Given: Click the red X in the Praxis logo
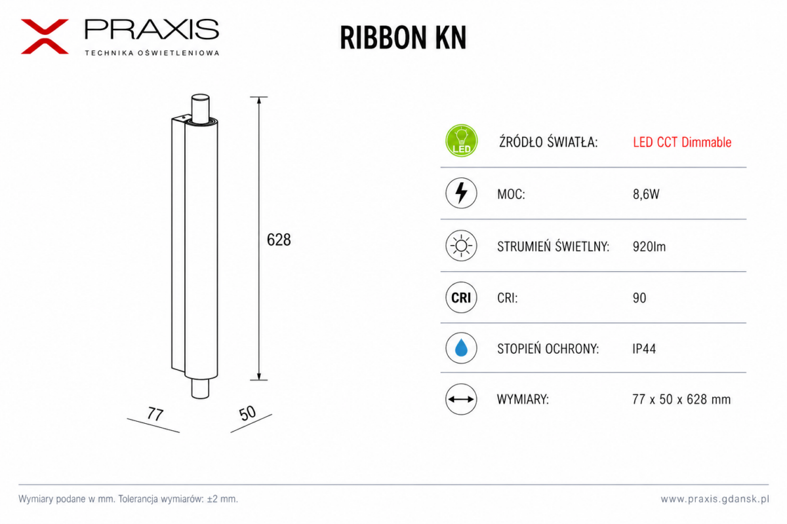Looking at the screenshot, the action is pos(45,37).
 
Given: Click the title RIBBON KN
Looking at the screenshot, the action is pos(403,37).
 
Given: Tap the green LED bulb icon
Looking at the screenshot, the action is pos(461,141).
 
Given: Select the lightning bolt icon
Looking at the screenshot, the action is pos(461,193).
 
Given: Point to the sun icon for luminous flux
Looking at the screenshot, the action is pos(461,246).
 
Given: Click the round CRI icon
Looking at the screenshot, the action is pos(461,297).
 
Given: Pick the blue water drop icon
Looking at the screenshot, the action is pos(461,348).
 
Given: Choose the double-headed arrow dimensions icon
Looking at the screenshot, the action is pos(461,399).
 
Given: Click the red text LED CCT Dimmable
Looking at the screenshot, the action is pos(682,142).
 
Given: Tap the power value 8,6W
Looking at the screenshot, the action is pos(646,194).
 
